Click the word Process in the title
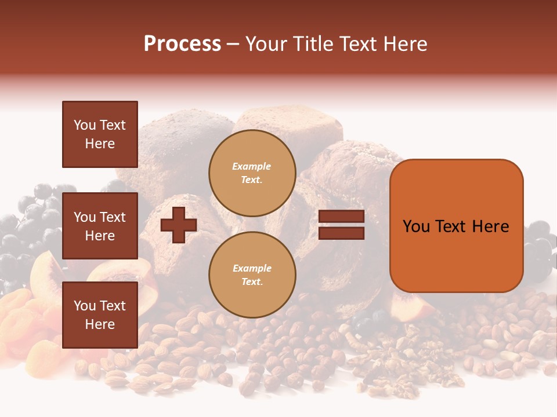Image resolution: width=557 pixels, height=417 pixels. tap(182, 44)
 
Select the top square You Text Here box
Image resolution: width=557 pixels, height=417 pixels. tap(100, 134)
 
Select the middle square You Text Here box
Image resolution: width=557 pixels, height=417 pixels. tap(100, 226)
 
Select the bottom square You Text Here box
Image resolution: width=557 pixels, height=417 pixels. tap(100, 315)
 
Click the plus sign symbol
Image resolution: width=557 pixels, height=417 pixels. tap(179, 225)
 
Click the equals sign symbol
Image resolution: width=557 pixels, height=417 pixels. tap(342, 225)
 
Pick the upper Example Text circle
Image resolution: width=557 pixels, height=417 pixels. tap(252, 173)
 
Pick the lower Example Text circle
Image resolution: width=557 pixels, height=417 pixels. tap(252, 275)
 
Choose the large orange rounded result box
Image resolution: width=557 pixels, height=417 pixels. tap(456, 226)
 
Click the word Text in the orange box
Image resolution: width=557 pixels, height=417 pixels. tap(453, 226)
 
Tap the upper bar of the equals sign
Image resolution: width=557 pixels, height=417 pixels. tap(342, 217)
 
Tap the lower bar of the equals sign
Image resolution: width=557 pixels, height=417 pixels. tap(342, 233)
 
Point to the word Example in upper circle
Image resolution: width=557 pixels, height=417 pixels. tap(252, 166)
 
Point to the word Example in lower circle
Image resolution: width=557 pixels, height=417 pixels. tap(252, 268)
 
